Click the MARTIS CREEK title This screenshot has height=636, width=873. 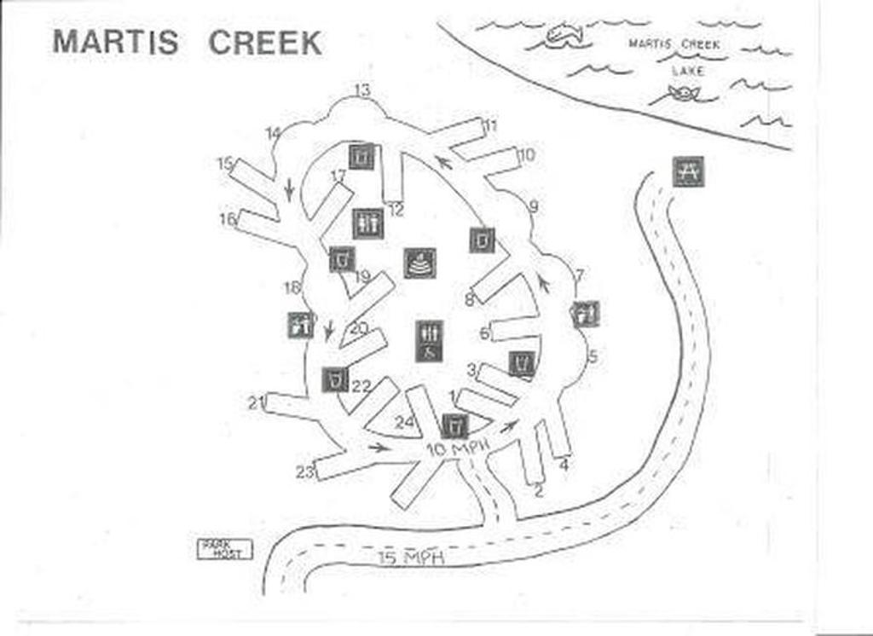[188, 42]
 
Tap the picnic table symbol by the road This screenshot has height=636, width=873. [687, 171]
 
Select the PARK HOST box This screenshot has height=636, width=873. [225, 549]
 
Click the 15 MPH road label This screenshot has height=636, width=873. [413, 558]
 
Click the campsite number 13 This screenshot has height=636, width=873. [362, 90]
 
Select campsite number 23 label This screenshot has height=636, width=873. [305, 471]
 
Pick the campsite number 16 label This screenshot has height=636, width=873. [228, 219]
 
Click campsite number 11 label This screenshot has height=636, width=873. [490, 125]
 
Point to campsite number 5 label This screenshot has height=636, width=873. [593, 356]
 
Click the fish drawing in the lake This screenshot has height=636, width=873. [563, 35]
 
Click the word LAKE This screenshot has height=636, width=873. [688, 72]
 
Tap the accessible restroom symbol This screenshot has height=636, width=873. [429, 340]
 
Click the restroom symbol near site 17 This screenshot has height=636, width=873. [368, 224]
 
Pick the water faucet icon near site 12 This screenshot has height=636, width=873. [362, 156]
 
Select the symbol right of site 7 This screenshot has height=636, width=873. [585, 314]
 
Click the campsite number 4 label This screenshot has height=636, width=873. [564, 465]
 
